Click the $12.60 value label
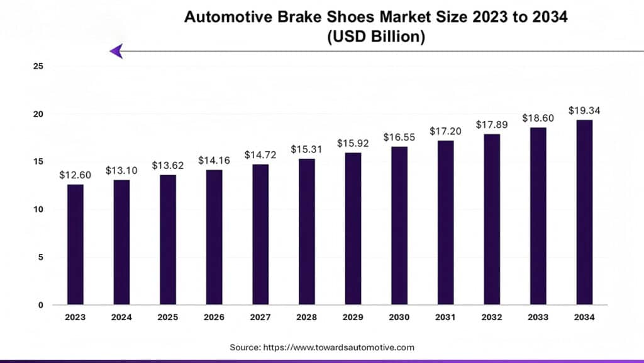pyautogui.click(x=75, y=175)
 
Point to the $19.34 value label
pyautogui.click(x=584, y=110)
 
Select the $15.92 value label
pyautogui.click(x=353, y=143)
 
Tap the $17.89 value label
pyautogui.click(x=492, y=124)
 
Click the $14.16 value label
pyautogui.click(x=214, y=160)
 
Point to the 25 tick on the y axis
pyautogui.click(x=38, y=66)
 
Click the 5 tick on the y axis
pyautogui.click(x=40, y=257)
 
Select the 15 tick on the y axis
pyautogui.click(x=38, y=161)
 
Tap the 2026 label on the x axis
pyautogui.click(x=214, y=318)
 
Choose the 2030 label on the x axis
pyautogui.click(x=399, y=318)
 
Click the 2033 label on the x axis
pyautogui.click(x=538, y=318)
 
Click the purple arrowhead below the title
pyautogui.click(x=116, y=51)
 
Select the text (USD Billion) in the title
pyautogui.click(x=376, y=37)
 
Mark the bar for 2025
pyautogui.click(x=168, y=239)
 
